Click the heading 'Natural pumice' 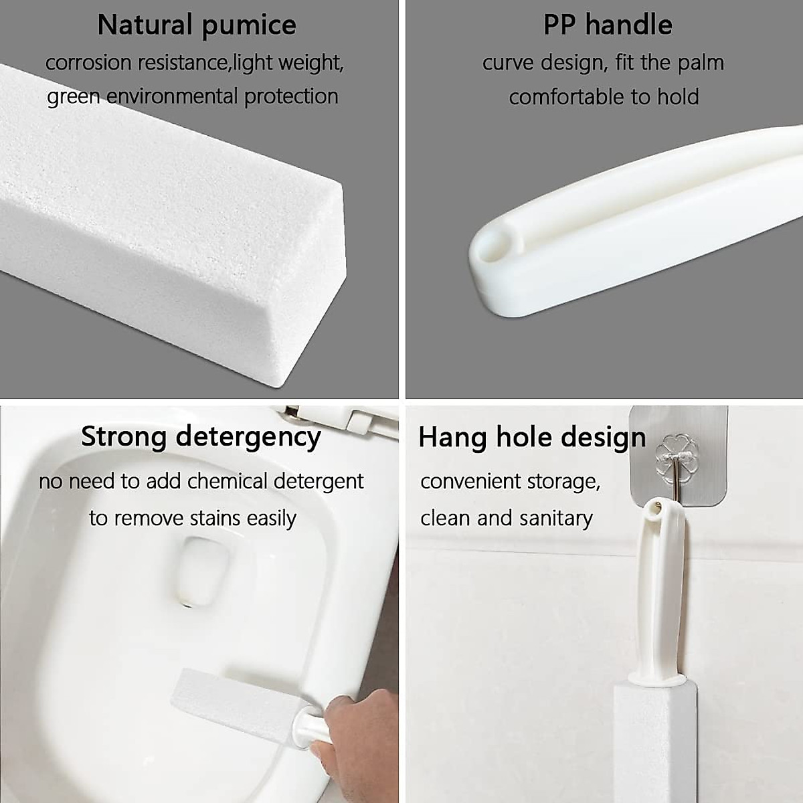(196, 25)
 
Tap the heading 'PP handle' (607, 25)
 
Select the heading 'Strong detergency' (201, 437)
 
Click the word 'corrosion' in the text (88, 63)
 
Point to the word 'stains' (214, 519)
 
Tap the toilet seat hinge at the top (335, 418)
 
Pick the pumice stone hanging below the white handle (646, 743)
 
